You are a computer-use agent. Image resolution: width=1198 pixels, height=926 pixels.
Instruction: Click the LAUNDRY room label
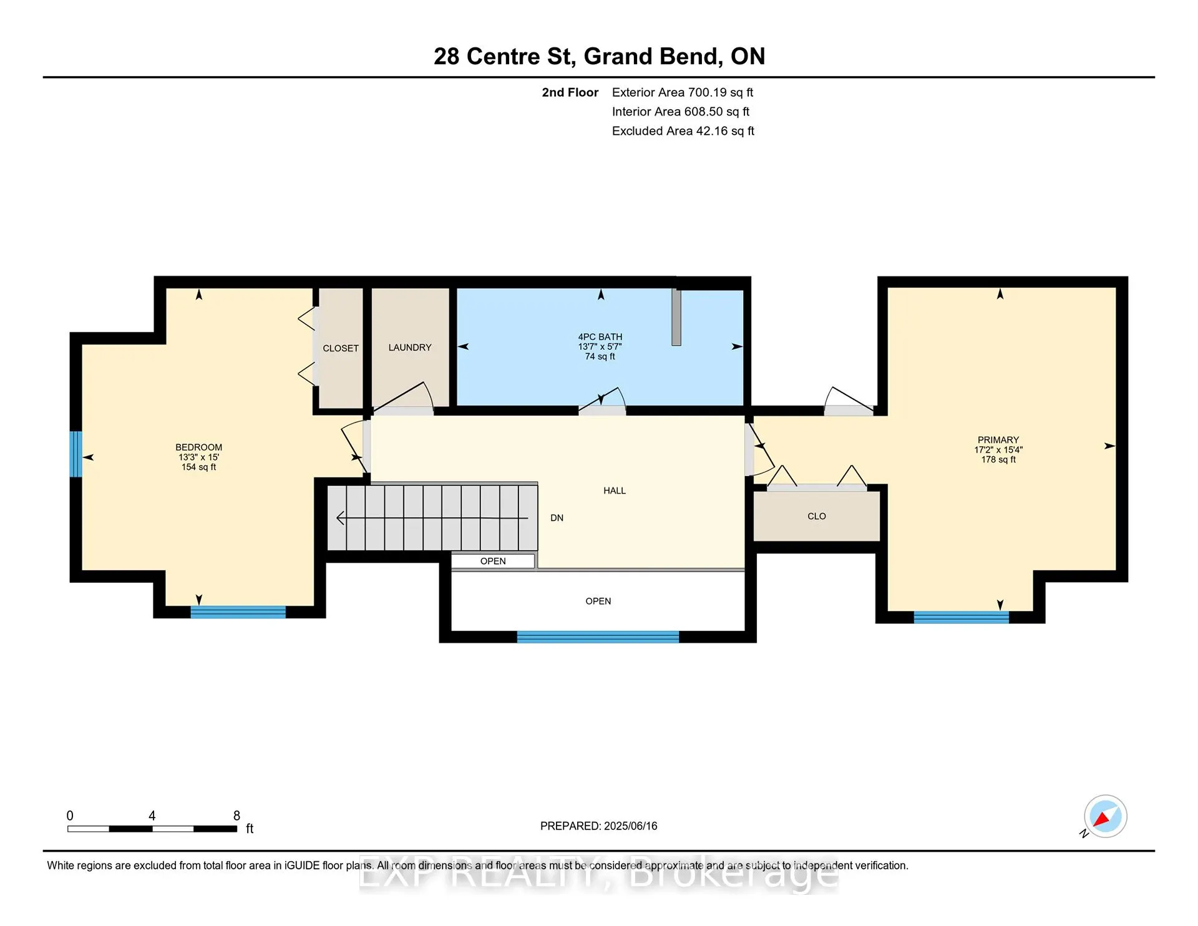point(410,348)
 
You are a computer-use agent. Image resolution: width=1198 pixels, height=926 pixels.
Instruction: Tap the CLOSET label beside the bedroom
point(341,348)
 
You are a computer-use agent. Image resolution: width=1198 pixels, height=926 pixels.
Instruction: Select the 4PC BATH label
point(600,337)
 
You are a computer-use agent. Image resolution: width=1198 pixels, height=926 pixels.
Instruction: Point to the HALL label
point(615,491)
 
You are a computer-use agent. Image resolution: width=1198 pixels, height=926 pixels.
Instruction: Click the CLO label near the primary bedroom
point(817,517)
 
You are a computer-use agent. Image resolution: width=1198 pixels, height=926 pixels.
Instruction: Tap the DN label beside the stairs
point(557,518)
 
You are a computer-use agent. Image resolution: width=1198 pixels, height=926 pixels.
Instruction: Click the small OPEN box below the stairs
point(493,561)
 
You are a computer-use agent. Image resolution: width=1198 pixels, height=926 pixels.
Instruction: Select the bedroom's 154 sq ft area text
point(199,467)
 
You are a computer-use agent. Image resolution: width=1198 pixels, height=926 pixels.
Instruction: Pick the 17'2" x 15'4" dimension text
point(998,450)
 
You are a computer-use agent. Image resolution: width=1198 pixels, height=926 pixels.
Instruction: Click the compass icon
point(1105,816)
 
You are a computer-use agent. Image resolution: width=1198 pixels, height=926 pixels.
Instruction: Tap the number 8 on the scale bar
point(236,816)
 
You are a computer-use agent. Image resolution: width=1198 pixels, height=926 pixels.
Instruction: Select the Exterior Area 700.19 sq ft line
point(683,92)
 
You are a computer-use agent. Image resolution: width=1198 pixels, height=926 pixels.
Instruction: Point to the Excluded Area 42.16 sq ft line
point(683,131)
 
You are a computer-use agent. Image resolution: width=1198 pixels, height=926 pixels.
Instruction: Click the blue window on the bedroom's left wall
point(75,454)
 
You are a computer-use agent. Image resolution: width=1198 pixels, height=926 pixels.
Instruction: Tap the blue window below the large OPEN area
point(598,637)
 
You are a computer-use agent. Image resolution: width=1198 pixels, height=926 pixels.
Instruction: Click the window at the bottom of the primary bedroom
point(962,618)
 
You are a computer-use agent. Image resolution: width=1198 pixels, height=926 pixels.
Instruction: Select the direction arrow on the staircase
point(432,518)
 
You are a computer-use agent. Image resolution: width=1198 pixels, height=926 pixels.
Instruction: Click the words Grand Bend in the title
point(653,57)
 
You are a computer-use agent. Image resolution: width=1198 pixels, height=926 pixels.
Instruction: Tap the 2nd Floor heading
point(570,92)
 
